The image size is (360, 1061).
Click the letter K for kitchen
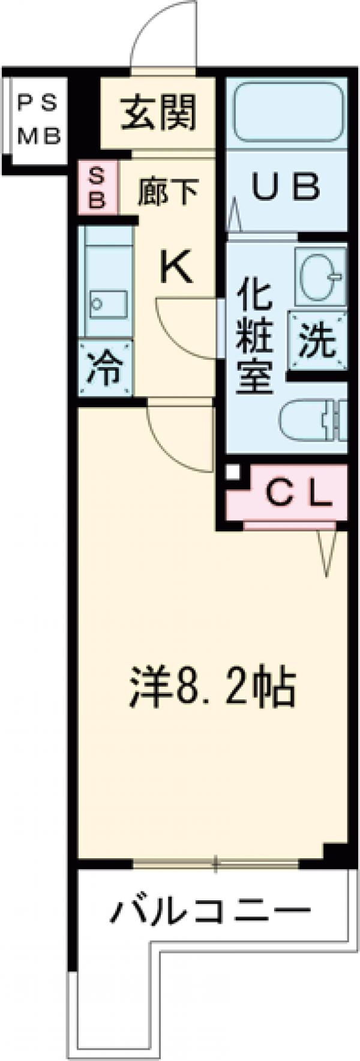(x=176, y=267)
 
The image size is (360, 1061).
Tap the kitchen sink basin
(x=109, y=305)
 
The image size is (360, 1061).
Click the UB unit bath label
(x=286, y=188)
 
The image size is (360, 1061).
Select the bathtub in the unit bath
(x=287, y=112)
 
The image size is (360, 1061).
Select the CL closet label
(x=298, y=494)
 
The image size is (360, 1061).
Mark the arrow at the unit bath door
(x=235, y=216)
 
